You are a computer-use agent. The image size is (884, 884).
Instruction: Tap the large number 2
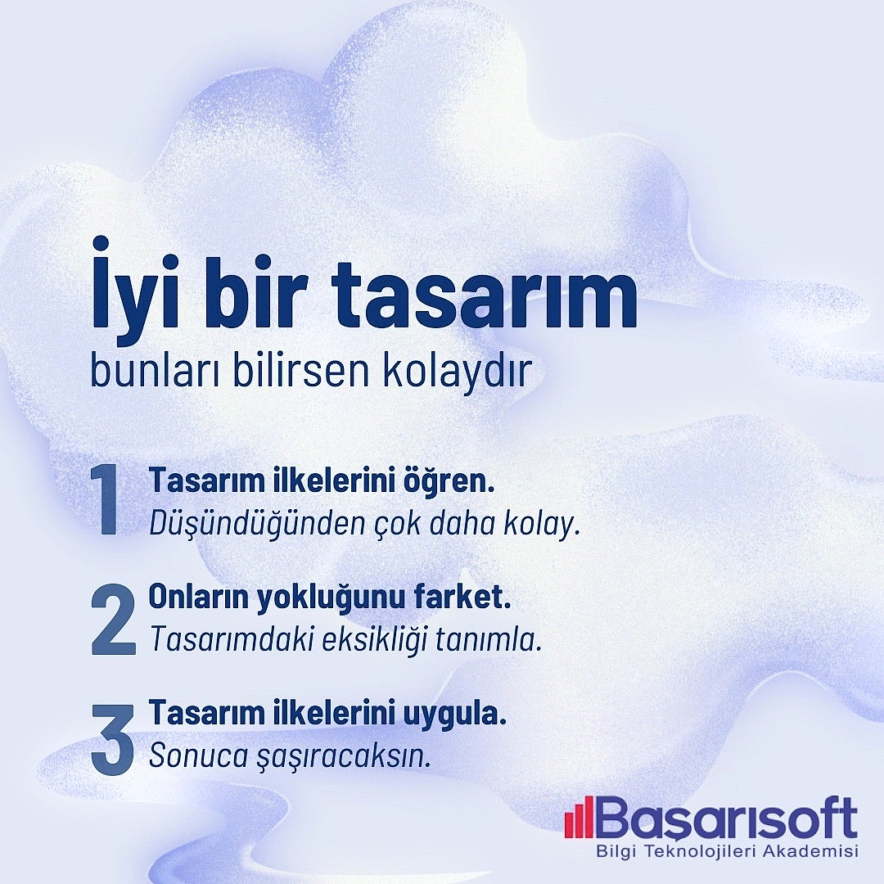click(x=113, y=619)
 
